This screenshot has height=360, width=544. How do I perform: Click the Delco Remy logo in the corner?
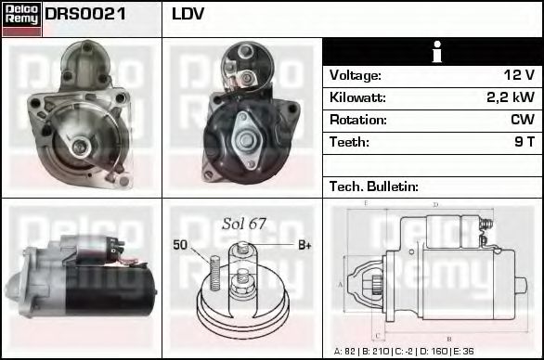tap(22, 19)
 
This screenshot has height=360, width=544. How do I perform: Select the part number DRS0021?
tap(85, 14)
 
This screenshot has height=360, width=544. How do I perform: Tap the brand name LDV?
tap(188, 14)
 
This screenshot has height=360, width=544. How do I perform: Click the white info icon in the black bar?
tap(437, 52)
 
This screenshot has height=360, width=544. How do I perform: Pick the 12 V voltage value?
tap(519, 75)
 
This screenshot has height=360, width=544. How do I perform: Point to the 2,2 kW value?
tap(511, 97)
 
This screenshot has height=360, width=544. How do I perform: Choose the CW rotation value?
tap(523, 120)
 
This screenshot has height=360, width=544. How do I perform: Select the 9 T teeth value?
tap(525, 142)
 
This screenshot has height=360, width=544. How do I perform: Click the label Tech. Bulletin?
tap(374, 186)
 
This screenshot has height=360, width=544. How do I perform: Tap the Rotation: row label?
tap(358, 120)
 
